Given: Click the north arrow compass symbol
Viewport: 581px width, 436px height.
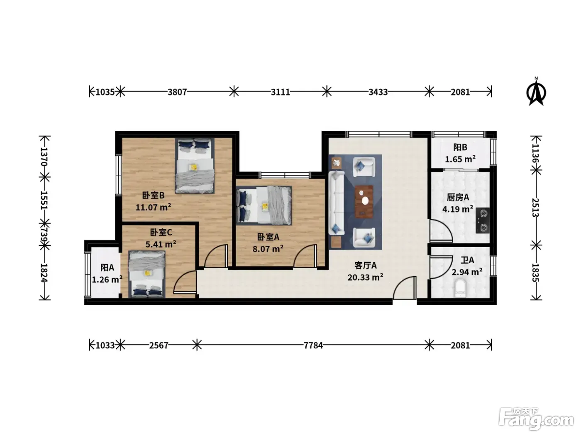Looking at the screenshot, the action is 536,92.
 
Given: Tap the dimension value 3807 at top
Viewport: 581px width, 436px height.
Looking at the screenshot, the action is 177,92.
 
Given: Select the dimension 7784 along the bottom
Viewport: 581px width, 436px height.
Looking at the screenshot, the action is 313,345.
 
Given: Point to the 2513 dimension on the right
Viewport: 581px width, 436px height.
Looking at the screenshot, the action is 535,208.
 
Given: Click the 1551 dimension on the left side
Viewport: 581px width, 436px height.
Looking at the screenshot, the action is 44,200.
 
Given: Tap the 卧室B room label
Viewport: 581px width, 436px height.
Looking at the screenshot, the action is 154,195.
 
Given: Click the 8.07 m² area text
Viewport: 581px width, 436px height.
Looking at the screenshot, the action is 268,249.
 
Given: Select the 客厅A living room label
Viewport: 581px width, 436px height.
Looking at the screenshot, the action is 365,265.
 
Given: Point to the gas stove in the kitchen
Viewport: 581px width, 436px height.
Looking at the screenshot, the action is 483,220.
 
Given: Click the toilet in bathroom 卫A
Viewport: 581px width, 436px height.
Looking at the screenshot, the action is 460,289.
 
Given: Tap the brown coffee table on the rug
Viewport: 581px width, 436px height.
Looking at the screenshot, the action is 364,202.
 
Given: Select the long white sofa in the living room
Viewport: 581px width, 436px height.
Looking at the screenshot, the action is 336,203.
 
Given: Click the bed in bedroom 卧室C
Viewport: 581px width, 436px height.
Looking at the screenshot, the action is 147,274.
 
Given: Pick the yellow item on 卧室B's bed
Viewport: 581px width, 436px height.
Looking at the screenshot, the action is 193,167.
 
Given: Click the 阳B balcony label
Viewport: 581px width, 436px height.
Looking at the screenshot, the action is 460,147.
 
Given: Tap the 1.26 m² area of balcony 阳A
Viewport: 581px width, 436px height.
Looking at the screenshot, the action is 107,279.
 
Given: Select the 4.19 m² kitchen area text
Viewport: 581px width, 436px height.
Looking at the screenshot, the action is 458,209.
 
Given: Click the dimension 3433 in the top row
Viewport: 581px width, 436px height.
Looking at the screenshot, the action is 378,92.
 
